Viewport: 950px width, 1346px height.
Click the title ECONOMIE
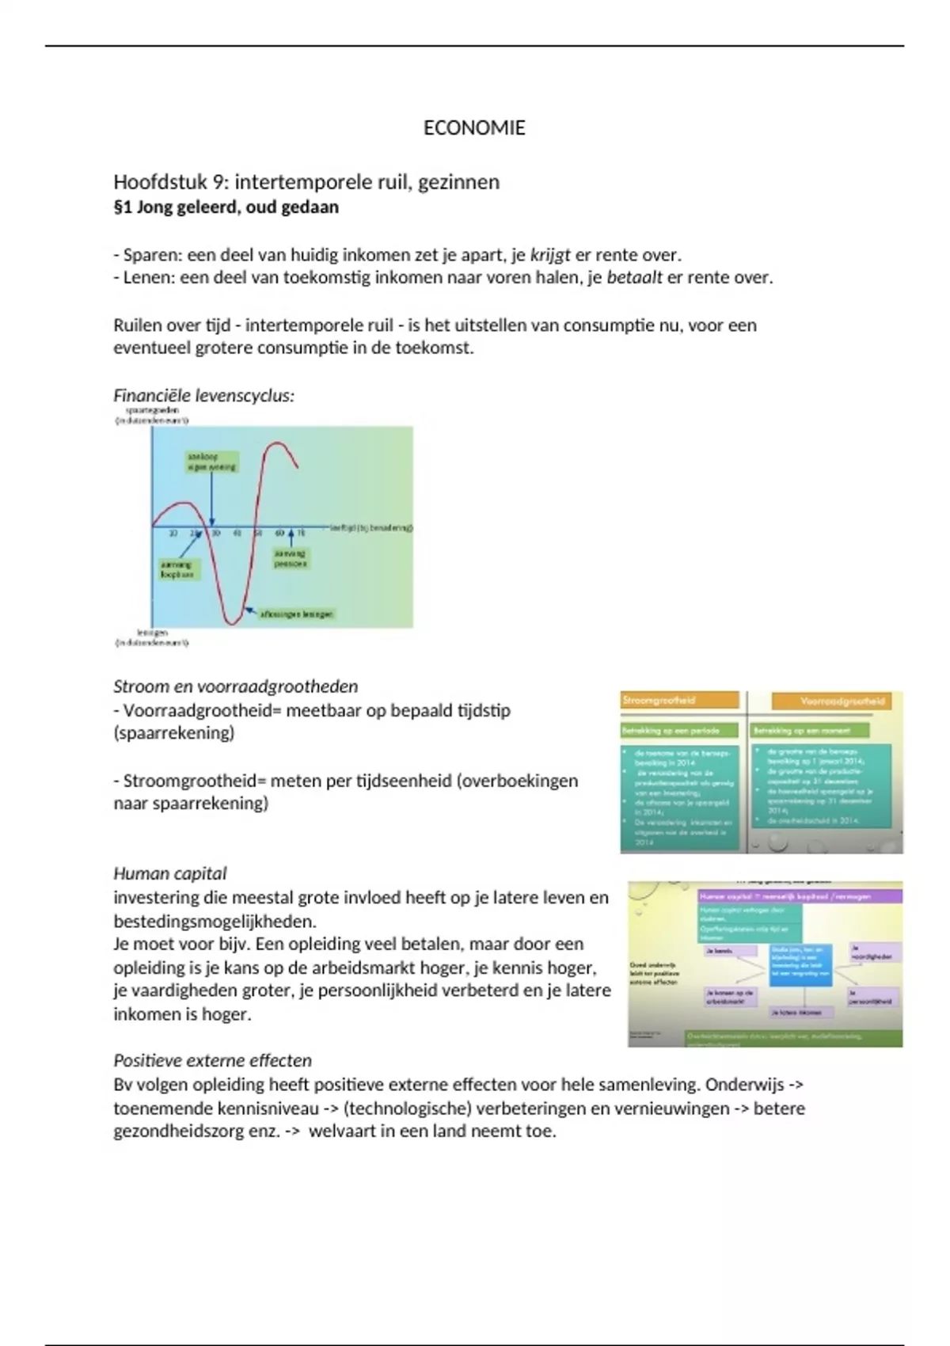(x=474, y=128)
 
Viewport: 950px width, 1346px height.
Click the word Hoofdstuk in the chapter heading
(x=160, y=182)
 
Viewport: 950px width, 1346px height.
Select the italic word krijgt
(x=550, y=255)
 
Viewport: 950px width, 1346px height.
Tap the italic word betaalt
(x=634, y=278)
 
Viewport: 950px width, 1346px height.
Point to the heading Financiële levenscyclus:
(x=203, y=396)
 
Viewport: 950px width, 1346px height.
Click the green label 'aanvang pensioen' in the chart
(x=291, y=559)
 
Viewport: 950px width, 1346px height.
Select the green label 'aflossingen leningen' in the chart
(x=296, y=614)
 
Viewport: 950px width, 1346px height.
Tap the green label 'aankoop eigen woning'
(x=211, y=462)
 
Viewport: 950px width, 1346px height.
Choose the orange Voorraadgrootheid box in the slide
(x=830, y=702)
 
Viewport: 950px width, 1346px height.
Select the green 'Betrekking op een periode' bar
(x=679, y=730)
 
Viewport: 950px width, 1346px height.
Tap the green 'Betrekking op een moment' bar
(x=809, y=730)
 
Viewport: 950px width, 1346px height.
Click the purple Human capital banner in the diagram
(x=799, y=896)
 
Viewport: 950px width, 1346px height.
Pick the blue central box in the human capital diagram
(x=800, y=964)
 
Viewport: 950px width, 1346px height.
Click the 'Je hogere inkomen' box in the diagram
(x=797, y=1012)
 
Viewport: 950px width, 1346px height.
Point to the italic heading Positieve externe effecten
(x=212, y=1061)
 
